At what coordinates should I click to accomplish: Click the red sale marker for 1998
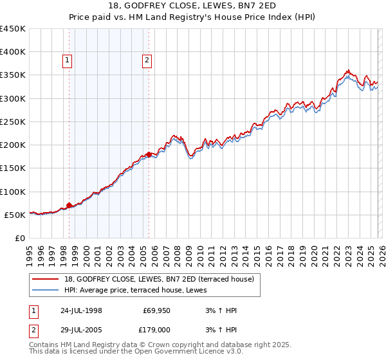pyautogui.click(x=69, y=206)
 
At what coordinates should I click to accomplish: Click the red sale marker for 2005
pyautogui.click(x=149, y=154)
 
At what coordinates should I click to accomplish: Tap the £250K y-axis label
pyautogui.click(x=13, y=122)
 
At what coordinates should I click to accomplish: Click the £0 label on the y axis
pyautogui.click(x=19, y=238)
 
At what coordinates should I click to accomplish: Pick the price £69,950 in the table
pyautogui.click(x=157, y=310)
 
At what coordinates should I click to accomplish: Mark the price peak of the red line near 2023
pyautogui.click(x=347, y=70)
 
